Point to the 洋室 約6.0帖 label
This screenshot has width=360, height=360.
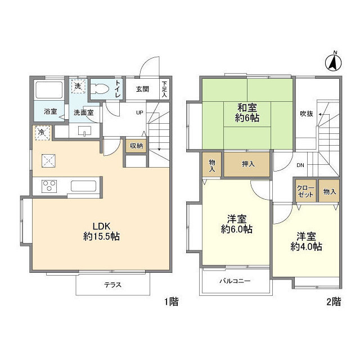(x=236, y=224)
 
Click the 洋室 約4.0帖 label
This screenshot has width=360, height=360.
(x=306, y=241)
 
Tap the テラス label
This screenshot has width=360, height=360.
(x=113, y=285)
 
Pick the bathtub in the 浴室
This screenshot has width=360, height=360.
(x=50, y=90)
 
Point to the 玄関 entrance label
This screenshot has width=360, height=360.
(x=142, y=88)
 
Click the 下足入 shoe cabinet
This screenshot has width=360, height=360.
(x=164, y=88)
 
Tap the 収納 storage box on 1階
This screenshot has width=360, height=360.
(x=136, y=146)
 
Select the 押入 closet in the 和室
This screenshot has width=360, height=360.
(x=247, y=164)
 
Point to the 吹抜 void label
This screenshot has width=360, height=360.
(x=307, y=111)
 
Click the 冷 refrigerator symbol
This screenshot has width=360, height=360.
(x=41, y=133)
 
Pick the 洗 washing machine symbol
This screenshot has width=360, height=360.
(x=78, y=87)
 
